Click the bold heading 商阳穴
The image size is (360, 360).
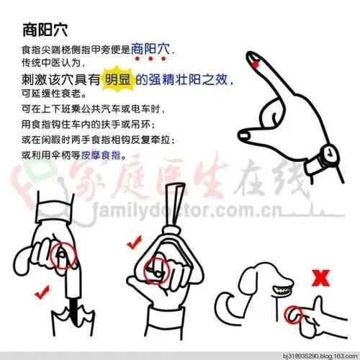pos(45,31)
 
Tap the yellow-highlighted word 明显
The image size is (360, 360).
pos(117,81)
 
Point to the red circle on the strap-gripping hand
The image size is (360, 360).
pos(157,271)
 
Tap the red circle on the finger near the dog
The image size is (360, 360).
pos(294,314)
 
